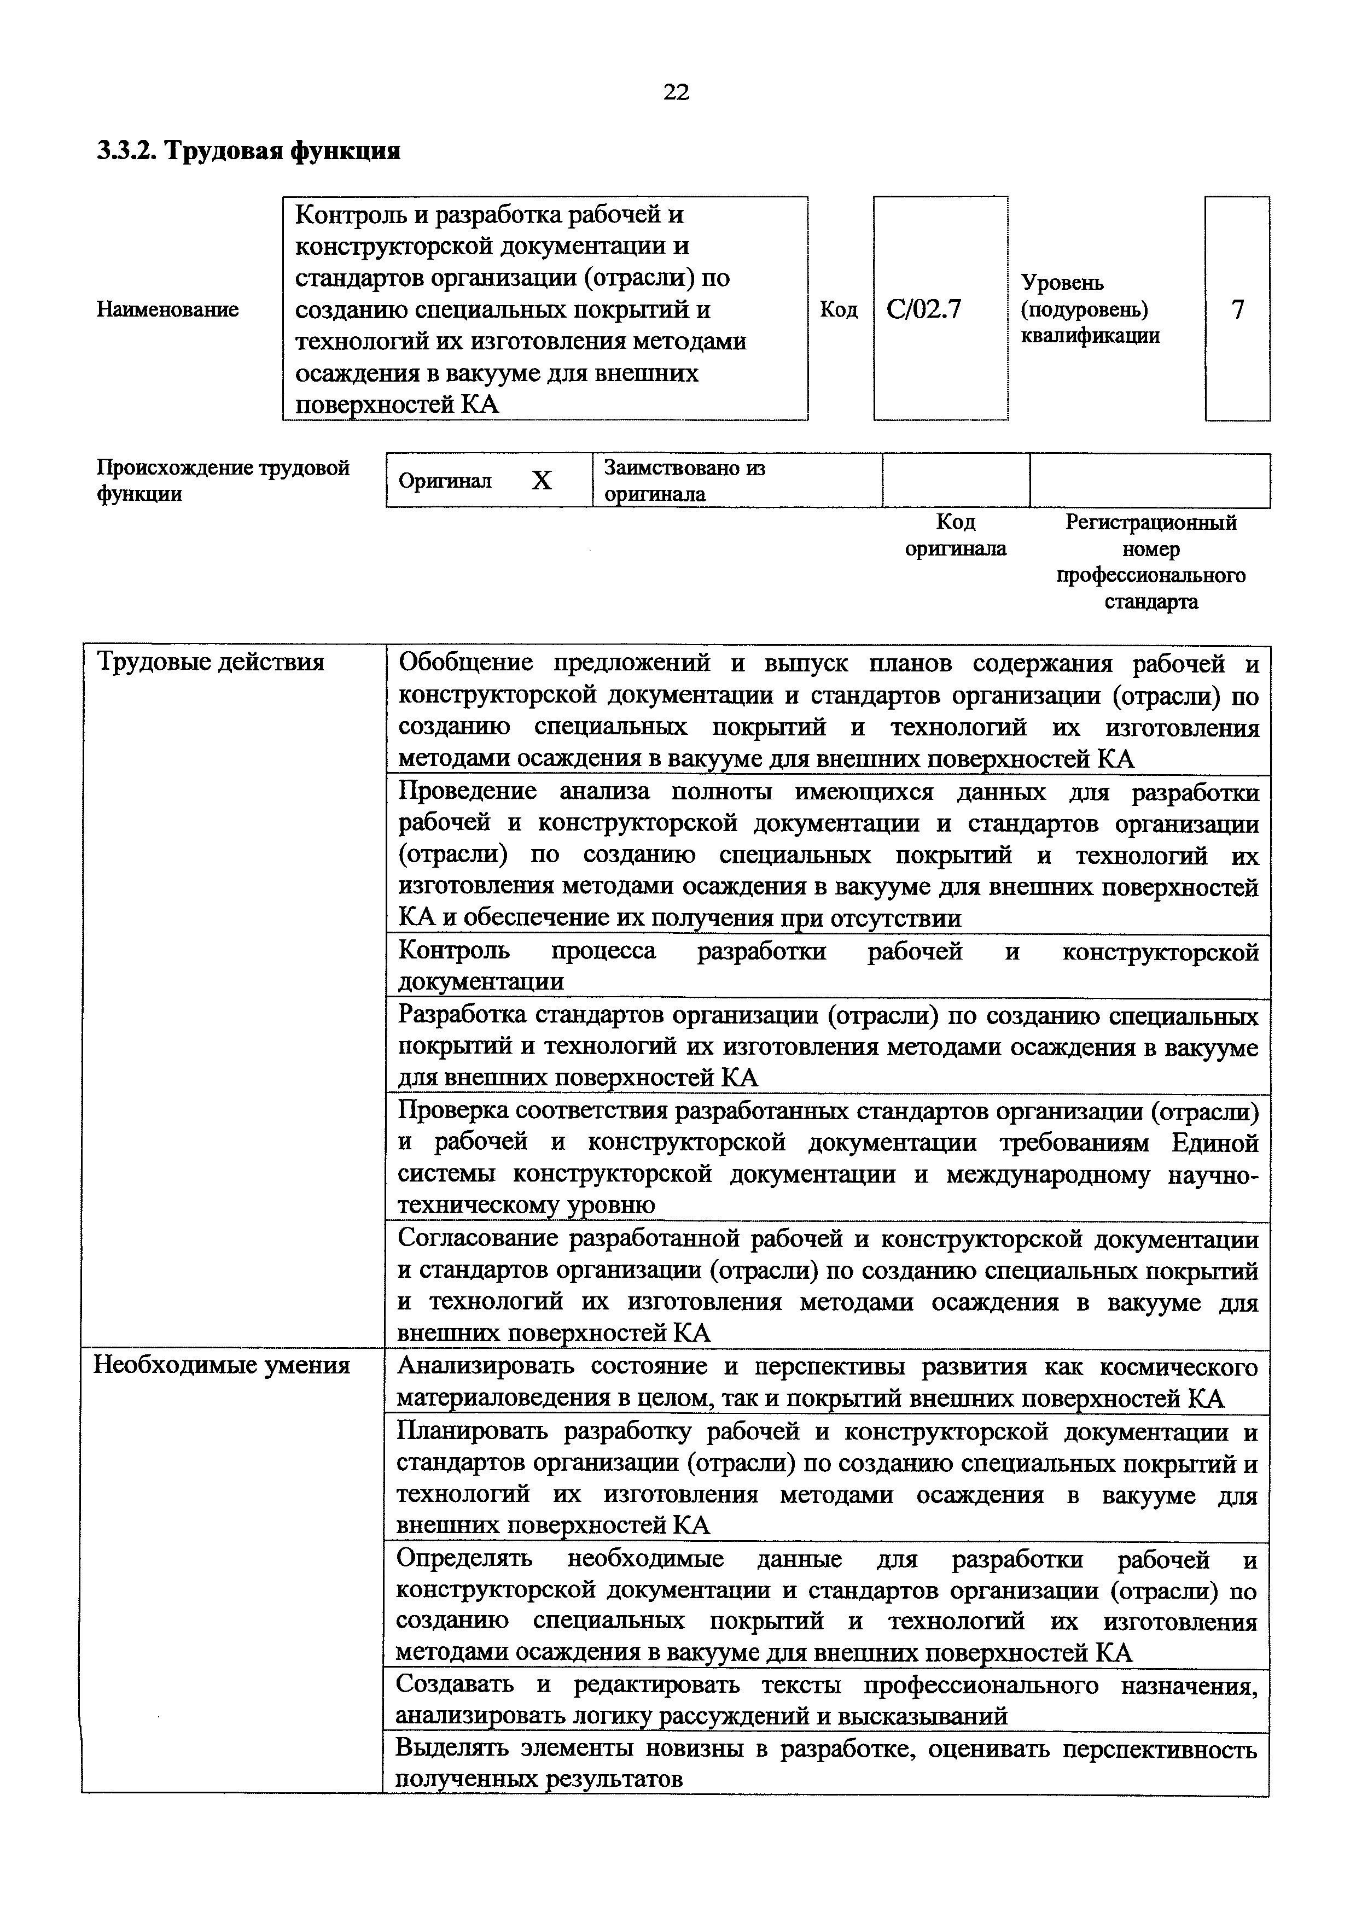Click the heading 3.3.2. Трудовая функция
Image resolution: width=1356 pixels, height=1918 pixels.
coord(248,151)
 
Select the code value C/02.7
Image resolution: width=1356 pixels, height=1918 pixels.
coord(924,310)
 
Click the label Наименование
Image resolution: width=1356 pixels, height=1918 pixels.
coord(167,310)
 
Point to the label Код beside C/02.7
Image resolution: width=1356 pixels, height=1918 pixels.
coord(839,310)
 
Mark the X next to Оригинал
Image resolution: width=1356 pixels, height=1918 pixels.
coord(542,481)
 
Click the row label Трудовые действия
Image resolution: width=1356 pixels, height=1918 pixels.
coord(211,663)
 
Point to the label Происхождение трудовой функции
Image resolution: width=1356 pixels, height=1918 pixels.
coord(222,481)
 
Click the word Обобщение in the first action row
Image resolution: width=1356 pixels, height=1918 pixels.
coord(465,663)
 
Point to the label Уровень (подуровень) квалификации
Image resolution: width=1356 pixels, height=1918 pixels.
coord(1090,310)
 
